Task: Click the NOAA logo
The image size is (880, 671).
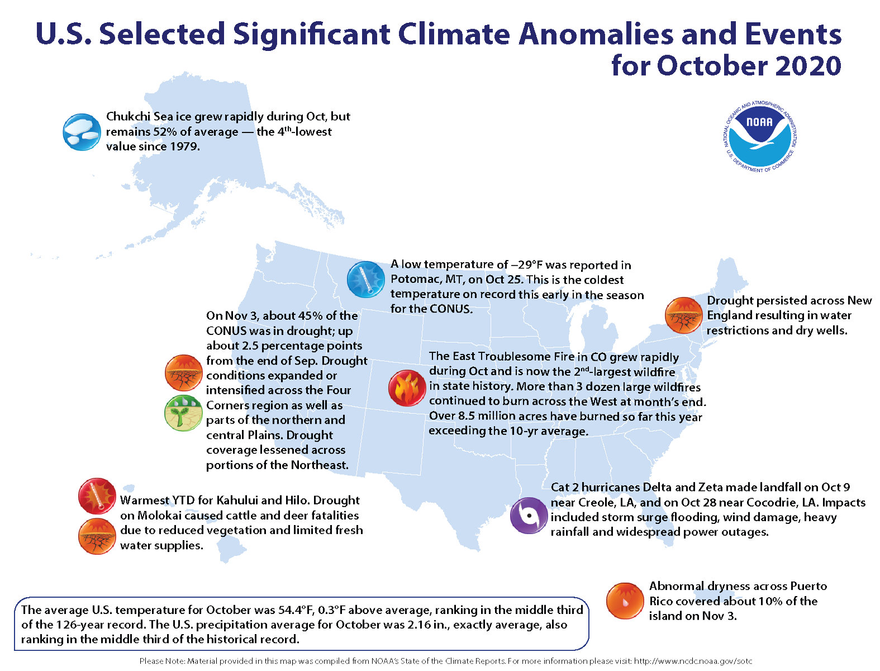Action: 759,136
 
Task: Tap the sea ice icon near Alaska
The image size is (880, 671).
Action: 82,132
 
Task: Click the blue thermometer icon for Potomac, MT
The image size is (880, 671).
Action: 366,279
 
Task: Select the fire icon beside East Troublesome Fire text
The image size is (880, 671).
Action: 407,388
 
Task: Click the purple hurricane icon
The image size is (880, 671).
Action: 528,516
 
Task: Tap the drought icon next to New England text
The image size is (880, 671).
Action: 683,315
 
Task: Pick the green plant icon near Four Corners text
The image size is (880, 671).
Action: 183,413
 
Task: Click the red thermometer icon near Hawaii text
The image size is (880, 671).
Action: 97,496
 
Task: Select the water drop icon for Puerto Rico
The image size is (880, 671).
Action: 625,601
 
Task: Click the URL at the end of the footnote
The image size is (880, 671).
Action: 693,661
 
